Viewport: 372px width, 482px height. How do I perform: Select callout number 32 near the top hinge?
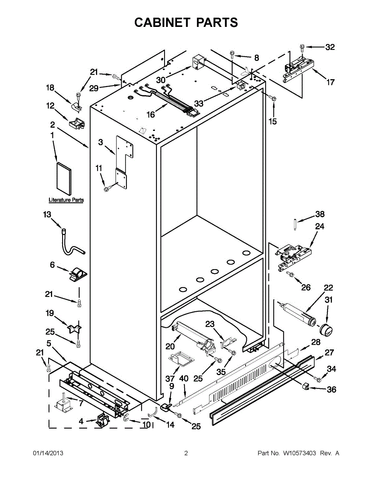(329, 47)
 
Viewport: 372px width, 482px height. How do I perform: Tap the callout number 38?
(320, 214)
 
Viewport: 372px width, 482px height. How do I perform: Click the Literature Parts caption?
(66, 200)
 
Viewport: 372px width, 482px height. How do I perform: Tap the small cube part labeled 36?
(306, 387)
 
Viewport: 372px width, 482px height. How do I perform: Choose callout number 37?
(170, 378)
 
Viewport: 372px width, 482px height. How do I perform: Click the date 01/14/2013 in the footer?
(48, 453)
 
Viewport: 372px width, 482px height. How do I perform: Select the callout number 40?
(183, 378)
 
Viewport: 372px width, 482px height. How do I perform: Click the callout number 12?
(50, 106)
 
